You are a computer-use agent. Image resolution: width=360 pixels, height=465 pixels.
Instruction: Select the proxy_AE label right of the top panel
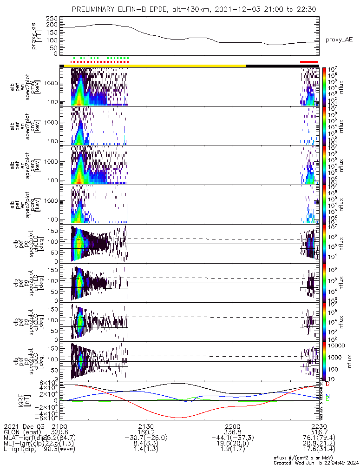coord(339,40)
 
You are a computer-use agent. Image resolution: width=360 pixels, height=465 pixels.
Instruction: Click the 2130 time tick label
coord(146,426)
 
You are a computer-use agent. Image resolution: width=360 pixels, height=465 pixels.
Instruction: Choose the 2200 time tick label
coord(232,426)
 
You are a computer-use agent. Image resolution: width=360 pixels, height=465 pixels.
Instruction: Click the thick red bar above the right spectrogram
coord(309,62)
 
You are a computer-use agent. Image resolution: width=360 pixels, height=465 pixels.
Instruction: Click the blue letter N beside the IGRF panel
coord(327,397)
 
